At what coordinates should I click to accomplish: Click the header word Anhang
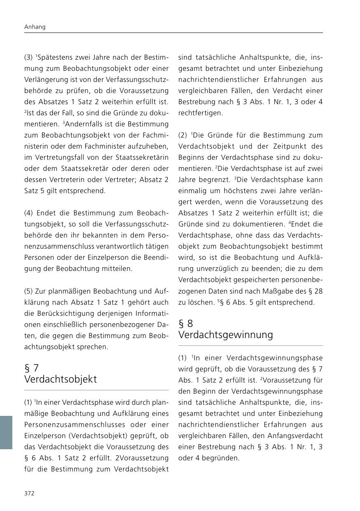pos(35,27)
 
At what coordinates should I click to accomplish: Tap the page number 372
pos(29,493)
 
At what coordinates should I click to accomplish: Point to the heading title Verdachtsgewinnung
pos(225,335)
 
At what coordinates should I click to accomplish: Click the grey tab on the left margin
pos(6,432)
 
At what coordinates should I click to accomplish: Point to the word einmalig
pos(191,191)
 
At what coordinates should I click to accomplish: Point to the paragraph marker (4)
pos(28,213)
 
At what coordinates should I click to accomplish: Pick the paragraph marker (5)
pos(28,291)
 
